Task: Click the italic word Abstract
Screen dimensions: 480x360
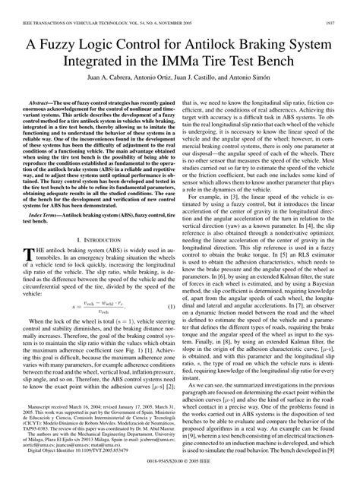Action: pos(39,101)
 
